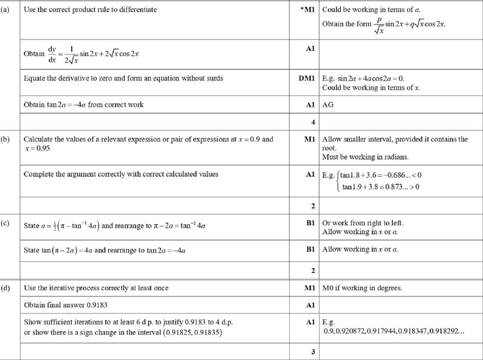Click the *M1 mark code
pos(308,9)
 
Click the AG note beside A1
pos(328,104)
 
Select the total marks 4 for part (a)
pos(313,122)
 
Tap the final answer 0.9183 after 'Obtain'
pos(97,305)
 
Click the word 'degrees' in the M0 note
pos(390,288)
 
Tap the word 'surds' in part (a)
pos(214,79)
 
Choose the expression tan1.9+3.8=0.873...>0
pos(381,187)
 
